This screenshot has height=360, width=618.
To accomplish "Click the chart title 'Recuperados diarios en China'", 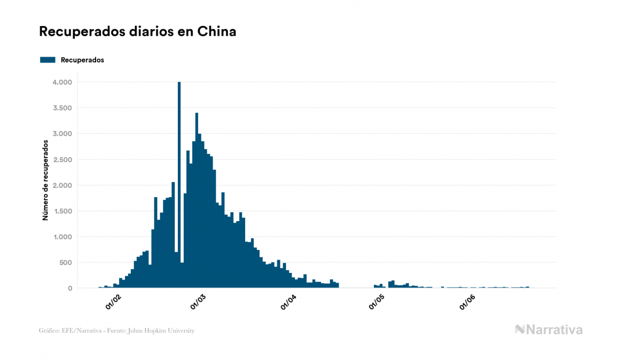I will click(x=138, y=32).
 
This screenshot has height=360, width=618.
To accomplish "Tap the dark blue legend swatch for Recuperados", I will click(x=48, y=60).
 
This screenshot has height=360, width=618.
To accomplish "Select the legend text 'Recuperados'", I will click(x=82, y=60).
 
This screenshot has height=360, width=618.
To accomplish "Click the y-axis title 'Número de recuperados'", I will click(x=46, y=181).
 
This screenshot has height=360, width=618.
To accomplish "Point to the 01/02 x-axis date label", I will click(x=113, y=301).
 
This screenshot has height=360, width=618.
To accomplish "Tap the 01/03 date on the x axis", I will click(x=198, y=301).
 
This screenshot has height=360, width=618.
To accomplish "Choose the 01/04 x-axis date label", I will click(x=288, y=301).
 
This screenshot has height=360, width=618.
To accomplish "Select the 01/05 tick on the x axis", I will click(x=377, y=301).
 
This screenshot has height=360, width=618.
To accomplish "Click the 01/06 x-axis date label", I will click(x=467, y=301).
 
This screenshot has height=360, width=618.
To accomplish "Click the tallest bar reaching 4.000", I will click(x=179, y=185).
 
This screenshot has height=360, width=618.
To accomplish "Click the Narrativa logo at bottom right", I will click(x=549, y=330).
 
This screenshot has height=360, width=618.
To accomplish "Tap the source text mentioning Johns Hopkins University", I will click(x=116, y=331).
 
